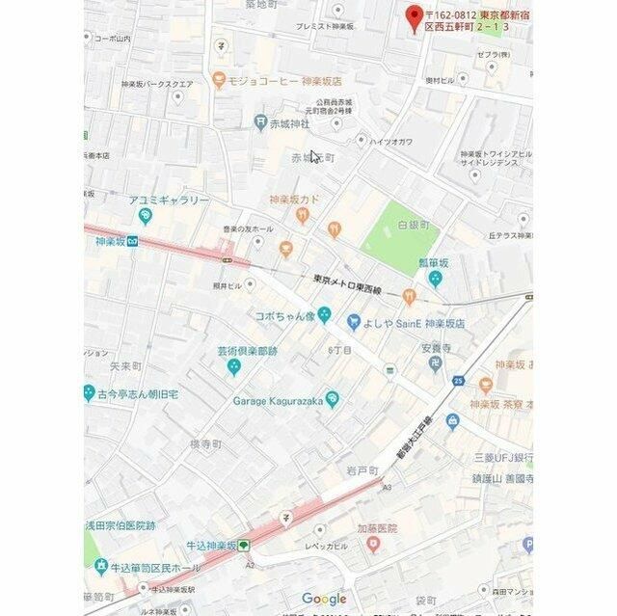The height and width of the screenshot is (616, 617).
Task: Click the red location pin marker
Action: (415, 17)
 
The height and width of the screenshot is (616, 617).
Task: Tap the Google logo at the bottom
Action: (324, 599)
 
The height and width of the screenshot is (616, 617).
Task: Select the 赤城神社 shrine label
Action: (288, 123)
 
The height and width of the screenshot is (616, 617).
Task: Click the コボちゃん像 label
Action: (285, 315)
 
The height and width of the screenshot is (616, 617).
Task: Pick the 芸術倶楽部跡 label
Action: (246, 351)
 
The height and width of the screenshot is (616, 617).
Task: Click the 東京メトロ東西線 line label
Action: (347, 284)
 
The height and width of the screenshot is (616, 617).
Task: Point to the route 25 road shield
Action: (458, 382)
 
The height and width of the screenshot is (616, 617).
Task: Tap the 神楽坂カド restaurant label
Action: (294, 200)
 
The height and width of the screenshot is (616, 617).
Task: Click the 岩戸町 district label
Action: (362, 469)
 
